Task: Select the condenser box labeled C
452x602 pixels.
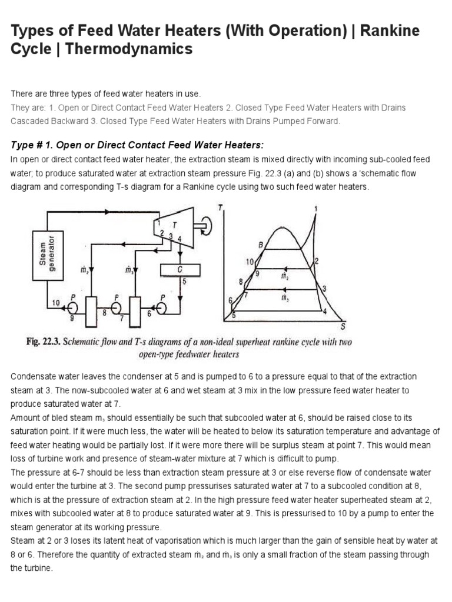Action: click(x=180, y=269)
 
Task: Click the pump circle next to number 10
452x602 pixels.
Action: click(x=72, y=306)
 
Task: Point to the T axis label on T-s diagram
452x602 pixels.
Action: click(x=220, y=206)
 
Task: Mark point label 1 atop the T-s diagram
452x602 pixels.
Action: click(x=317, y=208)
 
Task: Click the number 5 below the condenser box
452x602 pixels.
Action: click(x=184, y=281)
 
